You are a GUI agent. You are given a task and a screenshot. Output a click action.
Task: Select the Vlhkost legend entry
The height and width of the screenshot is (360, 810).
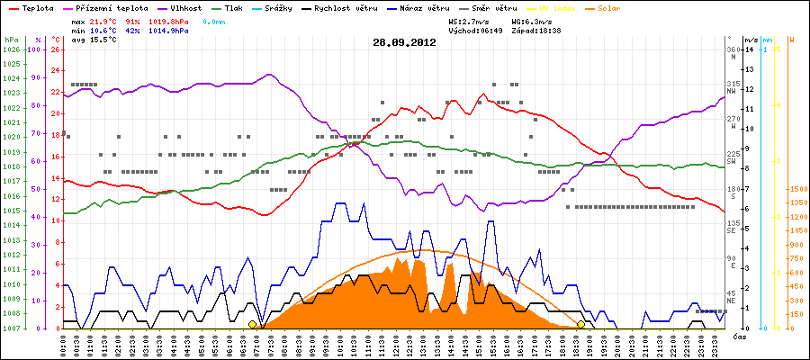186,7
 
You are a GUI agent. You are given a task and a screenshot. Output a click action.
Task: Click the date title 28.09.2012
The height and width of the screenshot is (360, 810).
404,41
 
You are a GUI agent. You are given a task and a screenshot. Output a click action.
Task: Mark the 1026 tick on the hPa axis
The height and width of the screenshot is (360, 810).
11,50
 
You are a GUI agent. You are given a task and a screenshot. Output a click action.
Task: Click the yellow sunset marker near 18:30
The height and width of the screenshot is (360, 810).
581,324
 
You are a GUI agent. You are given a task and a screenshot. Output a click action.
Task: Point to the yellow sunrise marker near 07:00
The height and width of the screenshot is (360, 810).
253,324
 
